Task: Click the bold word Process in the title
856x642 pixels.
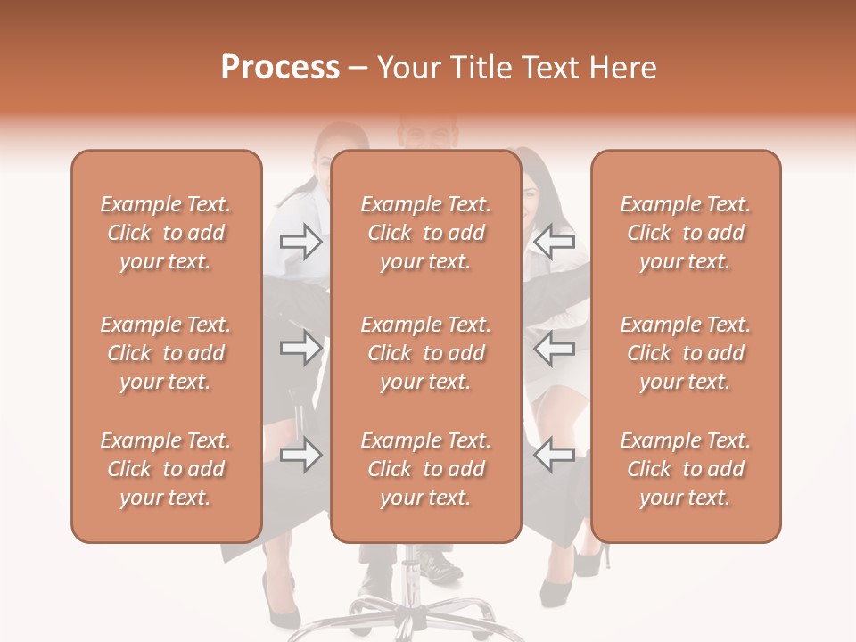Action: pyautogui.click(x=280, y=68)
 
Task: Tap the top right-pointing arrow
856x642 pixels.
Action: pyautogui.click(x=300, y=242)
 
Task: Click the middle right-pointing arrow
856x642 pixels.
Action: pyautogui.click(x=300, y=348)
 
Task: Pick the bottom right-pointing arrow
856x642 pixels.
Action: pyautogui.click(x=300, y=457)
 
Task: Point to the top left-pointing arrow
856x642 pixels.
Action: pyautogui.click(x=554, y=242)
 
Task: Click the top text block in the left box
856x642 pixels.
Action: pyautogui.click(x=166, y=233)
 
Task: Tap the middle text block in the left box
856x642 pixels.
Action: pyautogui.click(x=166, y=353)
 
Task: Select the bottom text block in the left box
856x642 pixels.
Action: pyautogui.click(x=166, y=469)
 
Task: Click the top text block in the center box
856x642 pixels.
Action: pyautogui.click(x=425, y=233)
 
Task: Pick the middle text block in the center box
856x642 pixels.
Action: pyautogui.click(x=425, y=353)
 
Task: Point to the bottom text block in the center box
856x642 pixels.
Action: pyautogui.click(x=425, y=469)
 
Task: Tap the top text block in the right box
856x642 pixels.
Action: pyautogui.click(x=685, y=233)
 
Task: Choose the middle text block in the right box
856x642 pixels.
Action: pyautogui.click(x=685, y=353)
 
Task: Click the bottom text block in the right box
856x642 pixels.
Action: pyautogui.click(x=685, y=469)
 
